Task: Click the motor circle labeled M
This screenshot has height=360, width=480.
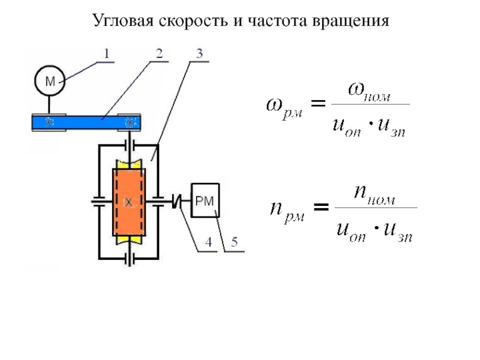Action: (47, 83)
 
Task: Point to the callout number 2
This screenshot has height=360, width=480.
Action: (159, 53)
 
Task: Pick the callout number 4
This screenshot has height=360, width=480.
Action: (208, 244)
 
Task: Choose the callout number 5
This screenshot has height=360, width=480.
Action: (234, 244)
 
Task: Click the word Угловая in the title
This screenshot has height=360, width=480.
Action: (123, 22)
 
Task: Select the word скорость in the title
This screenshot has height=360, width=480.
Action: (191, 22)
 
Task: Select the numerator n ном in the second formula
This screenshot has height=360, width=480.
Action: (374, 194)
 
